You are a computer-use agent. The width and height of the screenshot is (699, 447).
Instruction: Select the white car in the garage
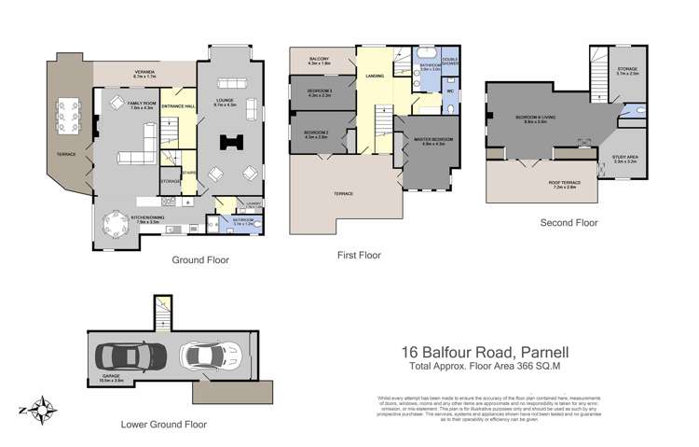pyautogui.click(x=212, y=356)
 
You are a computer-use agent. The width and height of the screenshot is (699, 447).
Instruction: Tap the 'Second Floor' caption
pyautogui.click(x=569, y=223)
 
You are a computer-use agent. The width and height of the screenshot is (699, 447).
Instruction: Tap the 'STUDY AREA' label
pyautogui.click(x=624, y=158)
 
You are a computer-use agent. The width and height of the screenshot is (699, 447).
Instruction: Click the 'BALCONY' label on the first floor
pyautogui.click(x=320, y=61)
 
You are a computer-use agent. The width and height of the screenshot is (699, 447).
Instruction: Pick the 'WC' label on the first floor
pyautogui.click(x=449, y=92)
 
